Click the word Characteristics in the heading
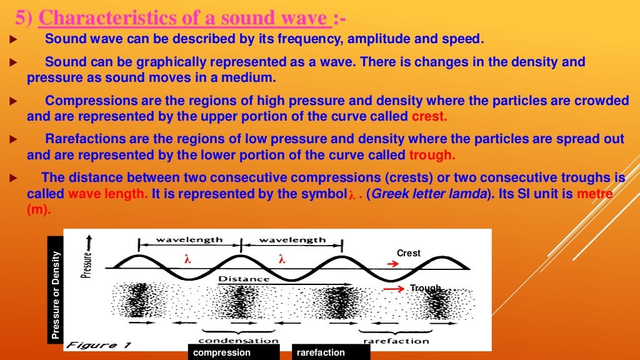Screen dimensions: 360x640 pos(116,18)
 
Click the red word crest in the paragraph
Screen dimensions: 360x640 pos(429,116)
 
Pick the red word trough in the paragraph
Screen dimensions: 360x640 pos(432,155)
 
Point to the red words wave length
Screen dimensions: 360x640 pos(108,194)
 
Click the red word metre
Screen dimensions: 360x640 pos(594,194)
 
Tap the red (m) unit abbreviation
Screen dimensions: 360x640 pos(38,210)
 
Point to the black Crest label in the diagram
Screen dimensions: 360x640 pos(409,253)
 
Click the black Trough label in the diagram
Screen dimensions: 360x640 pos(426,287)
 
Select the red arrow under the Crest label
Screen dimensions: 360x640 pos(393,264)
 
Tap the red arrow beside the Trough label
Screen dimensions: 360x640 pos(394,289)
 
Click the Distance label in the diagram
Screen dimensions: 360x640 pos(244,279)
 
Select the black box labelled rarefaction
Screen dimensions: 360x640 pos(331,352)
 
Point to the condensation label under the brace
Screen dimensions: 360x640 pos(238,340)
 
